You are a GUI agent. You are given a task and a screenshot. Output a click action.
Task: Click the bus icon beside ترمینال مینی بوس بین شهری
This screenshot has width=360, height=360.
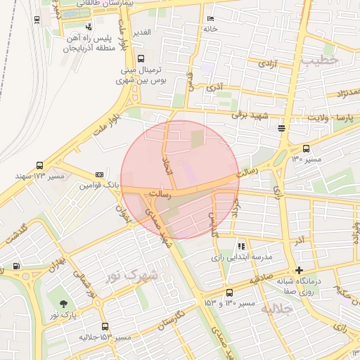click(x=141, y=59)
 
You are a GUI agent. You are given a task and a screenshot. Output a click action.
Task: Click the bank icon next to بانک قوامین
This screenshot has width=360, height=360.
click(x=99, y=174)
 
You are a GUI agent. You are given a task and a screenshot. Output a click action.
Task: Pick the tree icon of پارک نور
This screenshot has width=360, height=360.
click(x=64, y=304)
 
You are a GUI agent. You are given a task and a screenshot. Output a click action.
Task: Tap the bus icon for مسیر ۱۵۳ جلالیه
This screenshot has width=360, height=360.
click(x=105, y=326)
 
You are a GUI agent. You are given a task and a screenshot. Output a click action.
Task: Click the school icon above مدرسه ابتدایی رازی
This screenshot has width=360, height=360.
click(x=242, y=246)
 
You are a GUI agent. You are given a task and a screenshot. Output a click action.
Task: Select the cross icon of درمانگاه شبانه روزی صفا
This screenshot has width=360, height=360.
click(x=300, y=270)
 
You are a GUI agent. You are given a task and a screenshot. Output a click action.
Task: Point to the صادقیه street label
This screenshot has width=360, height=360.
click(x=259, y=278)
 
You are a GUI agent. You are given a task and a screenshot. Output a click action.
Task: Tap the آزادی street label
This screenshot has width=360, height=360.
click(x=267, y=64)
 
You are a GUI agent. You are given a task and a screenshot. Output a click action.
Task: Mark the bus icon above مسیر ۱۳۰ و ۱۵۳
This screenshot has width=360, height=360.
click(x=229, y=292)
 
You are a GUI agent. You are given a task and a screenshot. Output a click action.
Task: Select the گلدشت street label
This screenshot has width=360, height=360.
click(x=15, y=234)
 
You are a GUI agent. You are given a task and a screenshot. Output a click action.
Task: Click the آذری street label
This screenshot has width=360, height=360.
click(x=214, y=89)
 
